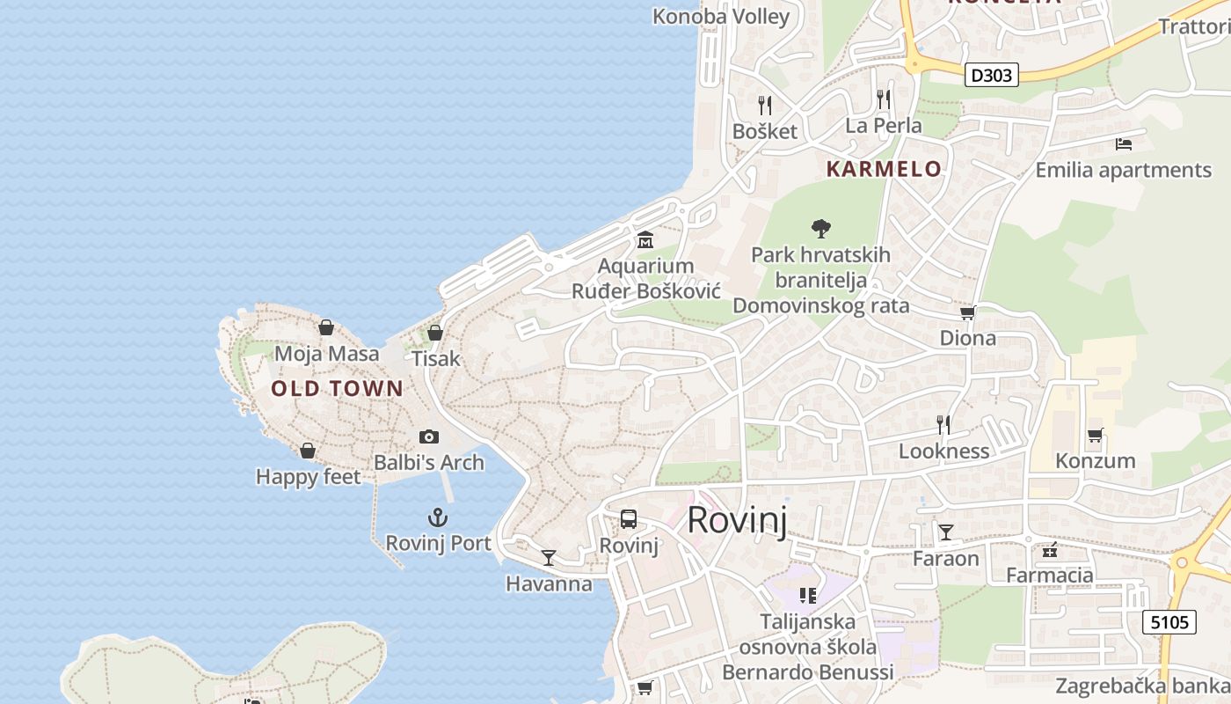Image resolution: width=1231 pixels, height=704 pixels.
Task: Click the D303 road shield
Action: pyautogui.click(x=991, y=75)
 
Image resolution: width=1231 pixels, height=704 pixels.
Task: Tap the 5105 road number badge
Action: pyautogui.click(x=1170, y=623)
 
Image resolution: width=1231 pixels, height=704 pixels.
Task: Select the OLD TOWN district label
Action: pyautogui.click(x=337, y=388)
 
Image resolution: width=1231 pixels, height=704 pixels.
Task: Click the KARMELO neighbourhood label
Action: pyautogui.click(x=884, y=169)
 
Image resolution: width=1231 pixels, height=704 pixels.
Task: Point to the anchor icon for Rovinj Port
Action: pyautogui.click(x=437, y=517)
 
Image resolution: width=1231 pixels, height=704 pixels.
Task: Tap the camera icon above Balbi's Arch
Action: pyautogui.click(x=429, y=436)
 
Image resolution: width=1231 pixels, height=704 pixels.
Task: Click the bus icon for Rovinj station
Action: pyautogui.click(x=629, y=519)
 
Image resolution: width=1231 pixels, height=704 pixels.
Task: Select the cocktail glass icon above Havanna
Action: pyautogui.click(x=549, y=557)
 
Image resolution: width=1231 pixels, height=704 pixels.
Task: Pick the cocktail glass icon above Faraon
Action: pyautogui.click(x=946, y=532)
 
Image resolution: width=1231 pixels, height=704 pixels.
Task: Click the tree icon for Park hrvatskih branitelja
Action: pyautogui.click(x=821, y=229)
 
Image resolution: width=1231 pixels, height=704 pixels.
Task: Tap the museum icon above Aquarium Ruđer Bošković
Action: pyautogui.click(x=645, y=239)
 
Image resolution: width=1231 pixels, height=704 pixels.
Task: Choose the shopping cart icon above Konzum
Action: pyautogui.click(x=1095, y=435)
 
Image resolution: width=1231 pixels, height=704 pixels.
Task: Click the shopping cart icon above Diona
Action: pyautogui.click(x=967, y=312)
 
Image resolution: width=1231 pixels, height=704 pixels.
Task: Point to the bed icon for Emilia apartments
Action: pyautogui.click(x=1123, y=143)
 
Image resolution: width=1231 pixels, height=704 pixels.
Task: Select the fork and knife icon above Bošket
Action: pyautogui.click(x=765, y=106)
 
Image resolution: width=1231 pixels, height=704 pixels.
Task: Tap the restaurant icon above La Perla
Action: pyautogui.click(x=884, y=99)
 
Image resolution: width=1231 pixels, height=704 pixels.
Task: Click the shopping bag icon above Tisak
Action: pyautogui.click(x=435, y=333)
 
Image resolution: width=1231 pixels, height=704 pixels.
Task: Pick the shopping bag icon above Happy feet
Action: pyautogui.click(x=308, y=451)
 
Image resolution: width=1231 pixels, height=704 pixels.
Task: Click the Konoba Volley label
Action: pyautogui.click(x=721, y=16)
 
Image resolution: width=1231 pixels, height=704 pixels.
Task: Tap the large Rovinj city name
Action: pyautogui.click(x=737, y=519)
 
